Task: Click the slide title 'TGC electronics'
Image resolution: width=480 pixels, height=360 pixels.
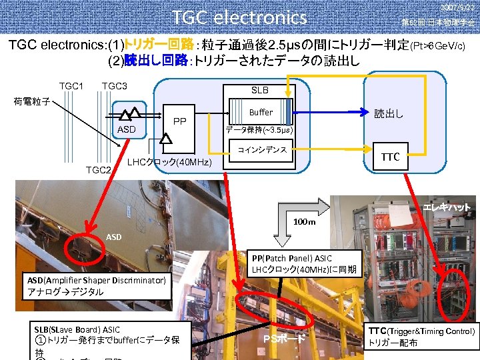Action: point(239,17)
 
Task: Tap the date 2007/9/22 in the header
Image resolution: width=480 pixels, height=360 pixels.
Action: point(457,7)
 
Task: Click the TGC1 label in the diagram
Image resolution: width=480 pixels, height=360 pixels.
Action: point(71,86)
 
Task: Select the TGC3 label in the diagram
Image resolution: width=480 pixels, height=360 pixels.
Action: point(115,86)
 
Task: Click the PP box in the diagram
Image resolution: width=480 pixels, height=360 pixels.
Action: point(179,122)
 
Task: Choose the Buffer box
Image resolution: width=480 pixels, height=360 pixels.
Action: point(261,113)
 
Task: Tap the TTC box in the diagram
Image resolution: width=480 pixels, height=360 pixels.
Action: point(389,157)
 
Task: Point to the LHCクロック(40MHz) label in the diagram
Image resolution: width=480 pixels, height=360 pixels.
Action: point(169,163)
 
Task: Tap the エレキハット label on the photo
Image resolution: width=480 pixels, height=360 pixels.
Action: point(447,207)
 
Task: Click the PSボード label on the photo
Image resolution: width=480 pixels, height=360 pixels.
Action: point(284,339)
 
